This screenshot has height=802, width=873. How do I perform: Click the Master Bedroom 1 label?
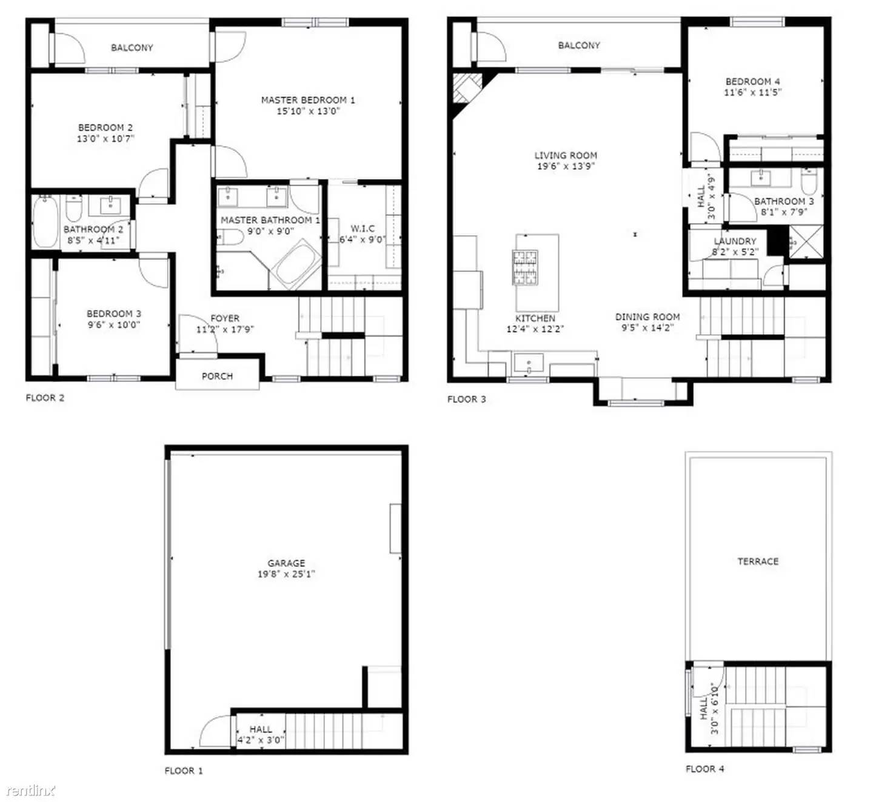(308, 100)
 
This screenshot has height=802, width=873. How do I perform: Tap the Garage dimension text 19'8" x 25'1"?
(286, 574)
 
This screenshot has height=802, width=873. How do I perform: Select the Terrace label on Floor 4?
(758, 561)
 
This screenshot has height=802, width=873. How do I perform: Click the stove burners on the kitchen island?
(526, 267)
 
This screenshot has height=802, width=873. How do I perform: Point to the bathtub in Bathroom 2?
(45, 221)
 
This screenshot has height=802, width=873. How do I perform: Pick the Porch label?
(217, 376)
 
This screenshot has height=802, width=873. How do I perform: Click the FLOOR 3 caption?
(466, 399)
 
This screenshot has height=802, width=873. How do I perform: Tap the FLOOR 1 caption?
(184, 770)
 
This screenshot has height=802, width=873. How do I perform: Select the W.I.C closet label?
(363, 229)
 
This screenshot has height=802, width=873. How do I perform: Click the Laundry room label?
(735, 241)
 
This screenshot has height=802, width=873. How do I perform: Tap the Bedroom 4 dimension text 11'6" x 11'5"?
(753, 93)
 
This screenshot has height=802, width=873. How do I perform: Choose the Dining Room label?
(647, 317)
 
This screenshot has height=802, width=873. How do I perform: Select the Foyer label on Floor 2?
(225, 318)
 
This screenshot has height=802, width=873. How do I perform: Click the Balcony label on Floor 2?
(132, 48)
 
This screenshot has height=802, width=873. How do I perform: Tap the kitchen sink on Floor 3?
(529, 364)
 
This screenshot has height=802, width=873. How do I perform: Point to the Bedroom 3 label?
(114, 314)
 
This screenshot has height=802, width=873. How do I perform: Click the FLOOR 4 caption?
(704, 769)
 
